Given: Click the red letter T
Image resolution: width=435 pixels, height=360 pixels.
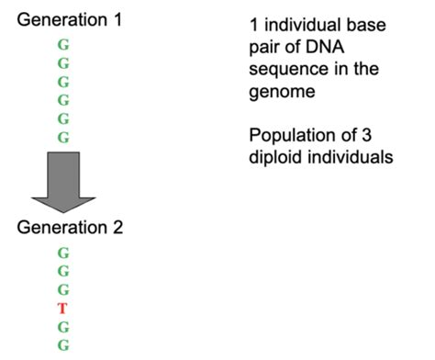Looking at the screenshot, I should (x=63, y=309).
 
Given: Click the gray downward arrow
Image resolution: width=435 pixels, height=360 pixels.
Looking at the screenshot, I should (x=63, y=180).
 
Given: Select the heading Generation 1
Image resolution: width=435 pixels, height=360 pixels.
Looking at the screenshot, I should (x=70, y=19).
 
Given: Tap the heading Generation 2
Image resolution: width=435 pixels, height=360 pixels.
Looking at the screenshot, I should (x=70, y=227).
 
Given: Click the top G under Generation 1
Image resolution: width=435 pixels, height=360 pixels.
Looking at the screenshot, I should (x=63, y=44).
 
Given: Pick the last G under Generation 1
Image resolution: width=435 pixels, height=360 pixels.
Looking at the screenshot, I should (x=63, y=138).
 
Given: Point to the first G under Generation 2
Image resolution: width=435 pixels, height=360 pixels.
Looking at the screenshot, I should (x=63, y=253).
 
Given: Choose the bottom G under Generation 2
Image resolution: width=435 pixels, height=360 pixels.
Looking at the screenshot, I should (x=63, y=346).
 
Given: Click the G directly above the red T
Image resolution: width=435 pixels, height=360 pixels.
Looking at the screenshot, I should (x=63, y=290).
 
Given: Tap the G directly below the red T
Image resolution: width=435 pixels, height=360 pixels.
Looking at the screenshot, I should (x=63, y=327).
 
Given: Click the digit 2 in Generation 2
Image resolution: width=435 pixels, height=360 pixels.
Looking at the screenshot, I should (x=117, y=227).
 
